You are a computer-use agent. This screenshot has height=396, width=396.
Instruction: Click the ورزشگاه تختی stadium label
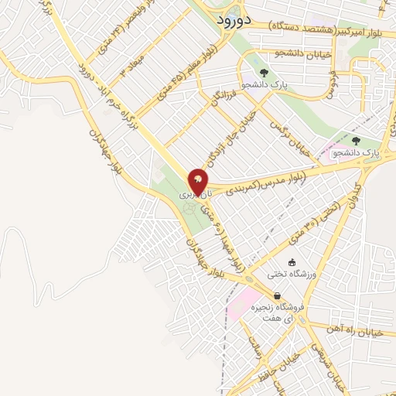[288, 274]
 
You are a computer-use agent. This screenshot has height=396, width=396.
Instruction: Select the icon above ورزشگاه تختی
[292, 262]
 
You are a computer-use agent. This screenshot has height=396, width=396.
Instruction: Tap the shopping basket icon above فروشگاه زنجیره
[277, 296]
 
